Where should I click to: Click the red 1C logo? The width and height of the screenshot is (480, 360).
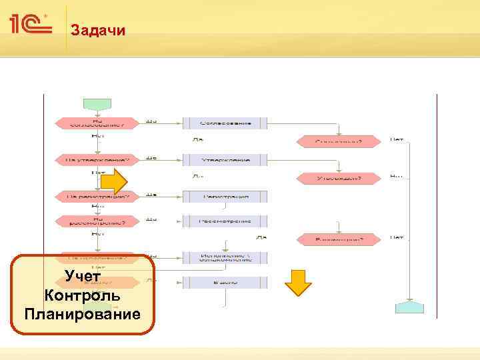pos(31,25)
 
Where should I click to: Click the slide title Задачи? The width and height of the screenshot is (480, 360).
pos(97,30)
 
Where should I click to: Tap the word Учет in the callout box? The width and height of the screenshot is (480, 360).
pos(83,277)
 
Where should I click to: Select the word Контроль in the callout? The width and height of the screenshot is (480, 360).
pos(82,295)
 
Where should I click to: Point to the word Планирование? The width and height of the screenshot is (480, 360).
pos(82,313)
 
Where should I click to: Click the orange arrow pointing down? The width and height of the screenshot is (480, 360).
pos(298,282)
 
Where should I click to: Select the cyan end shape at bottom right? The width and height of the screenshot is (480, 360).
pos(409,307)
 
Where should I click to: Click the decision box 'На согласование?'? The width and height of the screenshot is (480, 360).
pos(98,123)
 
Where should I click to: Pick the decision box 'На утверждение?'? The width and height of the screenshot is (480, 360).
pos(98,160)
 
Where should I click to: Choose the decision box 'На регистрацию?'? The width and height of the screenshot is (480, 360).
pos(98,197)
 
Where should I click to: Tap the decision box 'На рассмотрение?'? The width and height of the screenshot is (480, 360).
pos(98,220)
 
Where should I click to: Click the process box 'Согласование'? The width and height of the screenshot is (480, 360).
pos(224,123)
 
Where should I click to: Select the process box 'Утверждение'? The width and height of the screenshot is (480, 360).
pos(224,160)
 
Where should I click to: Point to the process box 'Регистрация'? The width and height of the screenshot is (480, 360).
pos(224,197)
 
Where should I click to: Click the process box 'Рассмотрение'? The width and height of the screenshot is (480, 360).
pos(224,220)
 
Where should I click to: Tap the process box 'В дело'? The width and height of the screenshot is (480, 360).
pos(224,283)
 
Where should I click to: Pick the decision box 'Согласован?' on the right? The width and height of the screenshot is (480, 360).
pos(339,141)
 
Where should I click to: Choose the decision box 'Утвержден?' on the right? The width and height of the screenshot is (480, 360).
pos(339,178)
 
